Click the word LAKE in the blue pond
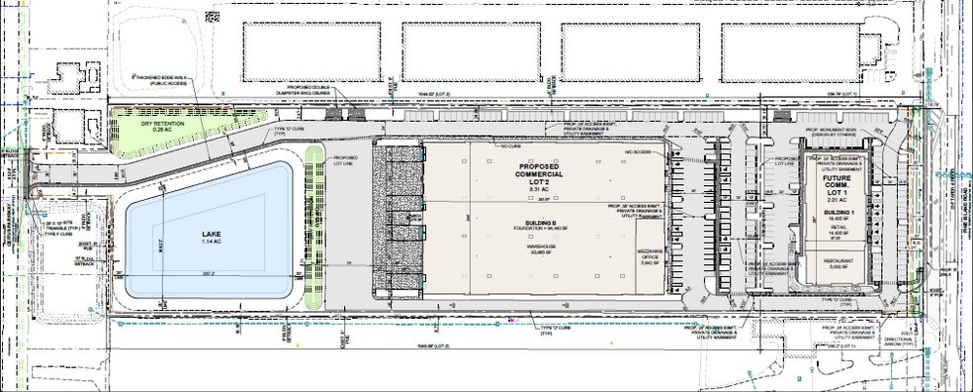pyautogui.click(x=208, y=235)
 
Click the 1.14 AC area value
pyautogui.click(x=208, y=244)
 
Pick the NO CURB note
pyautogui.click(x=510, y=146)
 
